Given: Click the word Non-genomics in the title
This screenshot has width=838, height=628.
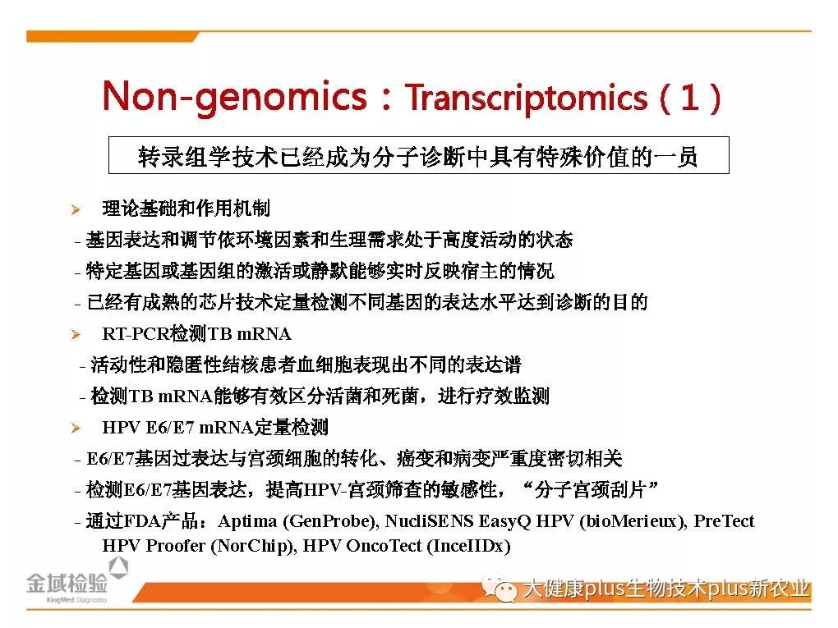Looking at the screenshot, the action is pos(234,97).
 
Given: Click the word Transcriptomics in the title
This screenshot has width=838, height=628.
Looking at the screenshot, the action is pos(527,99).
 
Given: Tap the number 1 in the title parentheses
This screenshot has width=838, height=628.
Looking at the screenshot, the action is pos(689,97).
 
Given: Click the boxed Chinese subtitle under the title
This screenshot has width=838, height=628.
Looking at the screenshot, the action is pos(418,155).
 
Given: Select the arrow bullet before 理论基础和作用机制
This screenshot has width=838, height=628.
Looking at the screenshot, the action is pos(76,210).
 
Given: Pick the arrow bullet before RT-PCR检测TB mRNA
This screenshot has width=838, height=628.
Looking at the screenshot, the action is pos(76,335).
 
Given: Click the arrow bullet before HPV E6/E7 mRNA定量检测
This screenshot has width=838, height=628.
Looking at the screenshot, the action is pos(76,429).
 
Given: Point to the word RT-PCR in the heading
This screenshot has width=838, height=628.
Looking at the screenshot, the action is pos(136,334).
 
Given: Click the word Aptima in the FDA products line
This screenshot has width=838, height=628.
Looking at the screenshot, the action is pos(247,521).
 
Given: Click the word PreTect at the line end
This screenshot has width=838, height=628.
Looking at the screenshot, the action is pos(724,520).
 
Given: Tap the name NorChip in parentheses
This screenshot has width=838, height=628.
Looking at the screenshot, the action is pos(255,546).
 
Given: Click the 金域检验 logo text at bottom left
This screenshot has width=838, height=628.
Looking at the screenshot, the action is pos(67,583).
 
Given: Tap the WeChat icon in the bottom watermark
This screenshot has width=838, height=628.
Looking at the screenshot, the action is pos(500,589).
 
